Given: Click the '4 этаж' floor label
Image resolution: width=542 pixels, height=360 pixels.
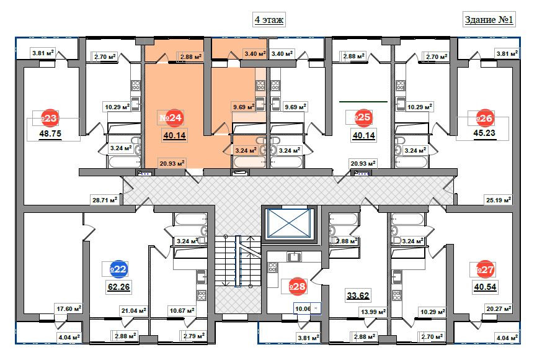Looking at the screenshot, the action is (x=269, y=20).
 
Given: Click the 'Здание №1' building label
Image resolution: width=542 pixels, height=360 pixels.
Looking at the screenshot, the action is (x=490, y=20).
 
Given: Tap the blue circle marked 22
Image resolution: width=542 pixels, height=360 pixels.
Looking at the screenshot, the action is (x=118, y=269).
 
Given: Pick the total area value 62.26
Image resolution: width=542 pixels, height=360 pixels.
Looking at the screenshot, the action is (x=118, y=287).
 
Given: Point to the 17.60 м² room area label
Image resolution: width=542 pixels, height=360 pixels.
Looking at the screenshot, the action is (x=69, y=307).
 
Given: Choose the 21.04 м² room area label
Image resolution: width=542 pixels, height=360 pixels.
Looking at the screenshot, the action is (x=133, y=310).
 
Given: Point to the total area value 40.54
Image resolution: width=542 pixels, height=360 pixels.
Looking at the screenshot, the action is (x=485, y=287).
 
